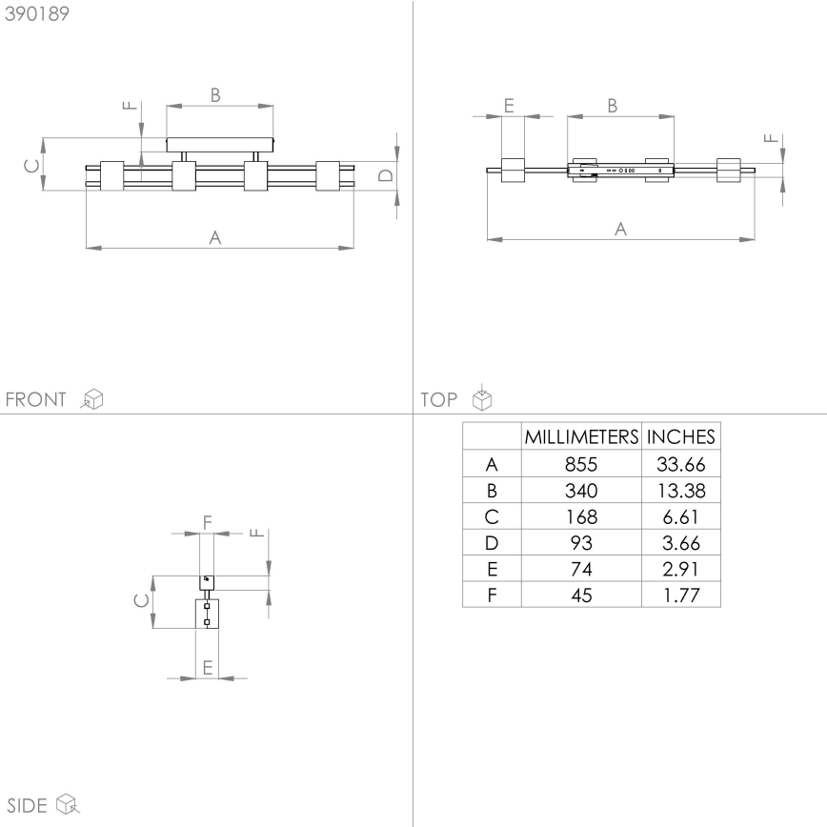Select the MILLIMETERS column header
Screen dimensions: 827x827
pyautogui.click(x=580, y=437)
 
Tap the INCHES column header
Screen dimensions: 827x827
pyautogui.click(x=680, y=437)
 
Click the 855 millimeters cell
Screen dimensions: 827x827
pyautogui.click(x=580, y=465)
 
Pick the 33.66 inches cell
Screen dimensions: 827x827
pyautogui.click(x=680, y=465)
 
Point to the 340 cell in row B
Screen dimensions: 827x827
pyautogui.click(x=580, y=492)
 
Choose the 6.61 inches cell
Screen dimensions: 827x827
pyautogui.click(x=680, y=517)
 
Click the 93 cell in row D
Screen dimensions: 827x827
pyautogui.click(x=580, y=544)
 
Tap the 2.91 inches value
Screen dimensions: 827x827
pyautogui.click(x=680, y=570)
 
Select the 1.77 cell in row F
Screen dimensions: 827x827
pyautogui.click(x=680, y=595)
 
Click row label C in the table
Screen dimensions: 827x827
pyautogui.click(x=492, y=517)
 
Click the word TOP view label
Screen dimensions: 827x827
pyautogui.click(x=438, y=399)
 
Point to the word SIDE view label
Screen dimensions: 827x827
pyautogui.click(x=27, y=805)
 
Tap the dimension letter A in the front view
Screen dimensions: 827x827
pyautogui.click(x=215, y=237)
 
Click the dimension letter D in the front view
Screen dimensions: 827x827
pyautogui.click(x=385, y=174)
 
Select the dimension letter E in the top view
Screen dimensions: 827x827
pyautogui.click(x=509, y=106)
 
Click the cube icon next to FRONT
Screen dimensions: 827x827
pyautogui.click(x=92, y=399)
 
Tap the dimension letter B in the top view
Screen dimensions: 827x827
pyautogui.click(x=613, y=106)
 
